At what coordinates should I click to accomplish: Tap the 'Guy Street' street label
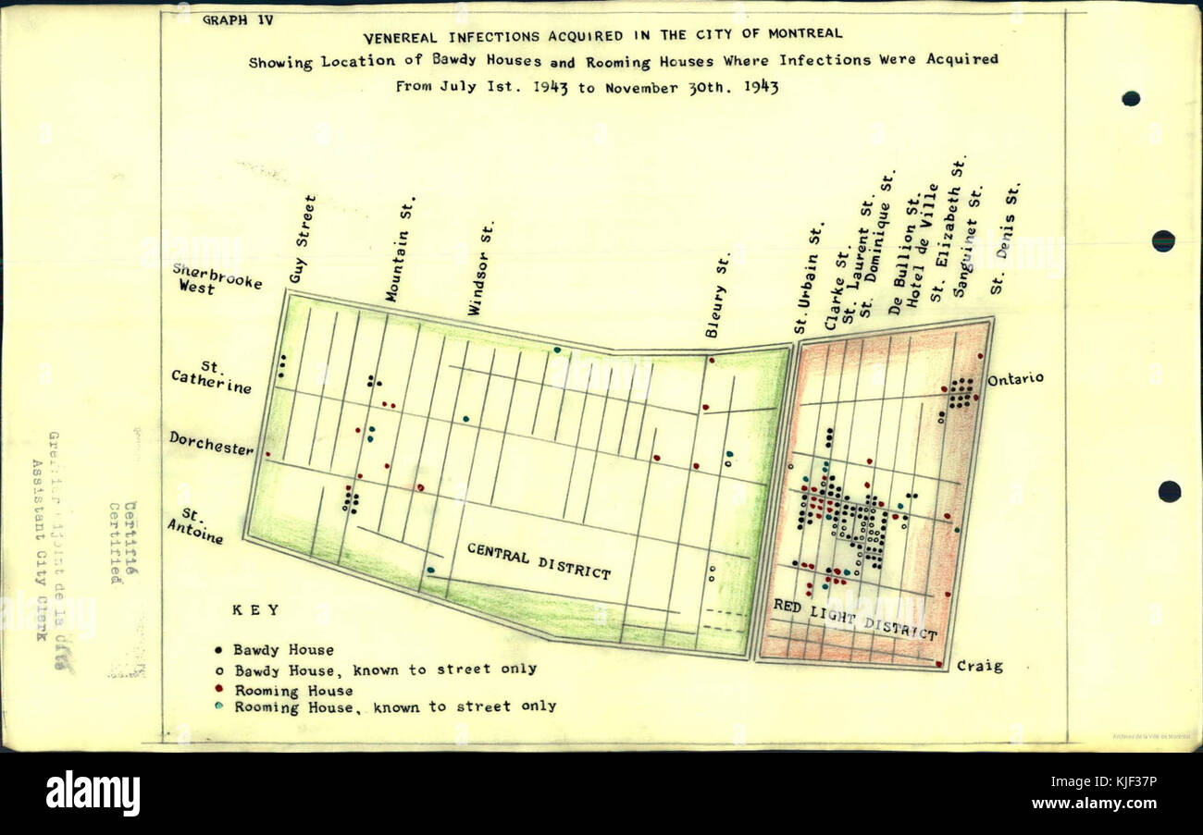click(x=303, y=239)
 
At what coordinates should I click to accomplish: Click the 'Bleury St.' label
click(x=718, y=294)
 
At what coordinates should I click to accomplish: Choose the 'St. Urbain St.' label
click(x=808, y=278)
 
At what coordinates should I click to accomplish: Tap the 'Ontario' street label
click(x=1015, y=378)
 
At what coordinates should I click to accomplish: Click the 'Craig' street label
click(x=979, y=666)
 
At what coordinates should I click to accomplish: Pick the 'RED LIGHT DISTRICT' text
click(x=854, y=620)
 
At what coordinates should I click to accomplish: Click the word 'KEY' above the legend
click(x=254, y=610)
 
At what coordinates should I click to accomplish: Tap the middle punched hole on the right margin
click(x=1162, y=240)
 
